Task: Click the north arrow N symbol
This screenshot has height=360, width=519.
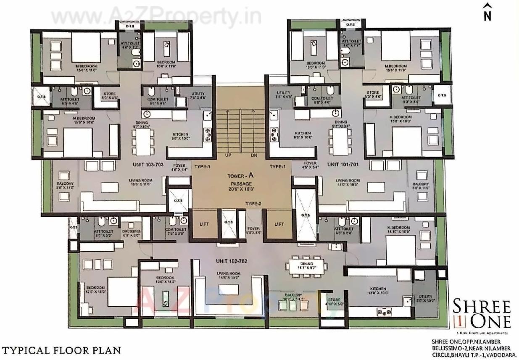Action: tap(487, 12)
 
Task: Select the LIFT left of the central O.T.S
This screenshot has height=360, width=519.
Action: tap(204, 224)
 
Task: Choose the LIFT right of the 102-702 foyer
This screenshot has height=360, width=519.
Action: tap(279, 224)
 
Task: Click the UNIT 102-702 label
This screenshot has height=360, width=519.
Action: tap(232, 261)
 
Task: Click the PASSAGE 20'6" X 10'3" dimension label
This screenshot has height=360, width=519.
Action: tap(241, 187)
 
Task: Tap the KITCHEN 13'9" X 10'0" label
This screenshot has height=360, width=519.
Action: tap(377, 291)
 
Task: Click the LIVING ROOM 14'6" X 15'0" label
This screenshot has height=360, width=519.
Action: tap(228, 276)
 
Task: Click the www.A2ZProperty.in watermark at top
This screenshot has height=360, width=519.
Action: tap(155, 17)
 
